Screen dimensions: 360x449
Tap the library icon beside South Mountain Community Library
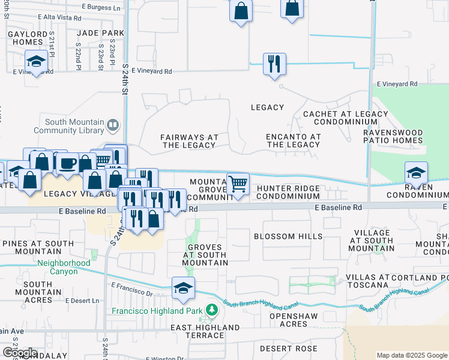pyautogui.click(x=113, y=125)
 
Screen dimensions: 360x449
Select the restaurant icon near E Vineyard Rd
pyautogui.click(x=274, y=64)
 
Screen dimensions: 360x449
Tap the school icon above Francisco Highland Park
pyautogui.click(x=183, y=288)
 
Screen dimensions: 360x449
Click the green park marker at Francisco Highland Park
pyautogui.click(x=211, y=310)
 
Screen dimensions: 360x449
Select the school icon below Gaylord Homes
pyautogui.click(x=37, y=61)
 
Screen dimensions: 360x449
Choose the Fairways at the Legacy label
pyautogui.click(x=189, y=141)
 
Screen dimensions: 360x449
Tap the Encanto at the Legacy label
pyautogui.click(x=294, y=140)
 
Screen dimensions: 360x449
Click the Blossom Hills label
pyautogui.click(x=288, y=236)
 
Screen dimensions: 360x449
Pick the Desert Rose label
pyautogui.click(x=293, y=349)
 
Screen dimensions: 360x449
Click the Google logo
pyautogui.click(x=20, y=352)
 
